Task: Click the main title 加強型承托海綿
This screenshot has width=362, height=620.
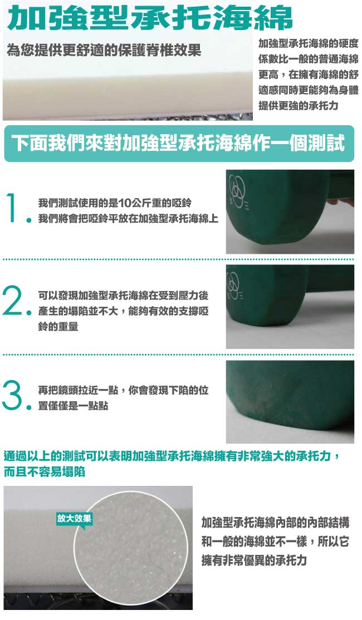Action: tap(150, 18)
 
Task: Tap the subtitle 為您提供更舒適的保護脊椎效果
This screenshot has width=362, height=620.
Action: tap(104, 50)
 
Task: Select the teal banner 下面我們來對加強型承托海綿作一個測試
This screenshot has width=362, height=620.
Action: tap(179, 144)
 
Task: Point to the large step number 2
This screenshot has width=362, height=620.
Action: tap(13, 301)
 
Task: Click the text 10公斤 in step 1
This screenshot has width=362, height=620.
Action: tap(133, 203)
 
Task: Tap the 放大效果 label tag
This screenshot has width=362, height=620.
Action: tap(75, 518)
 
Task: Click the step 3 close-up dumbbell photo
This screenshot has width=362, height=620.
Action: tap(290, 402)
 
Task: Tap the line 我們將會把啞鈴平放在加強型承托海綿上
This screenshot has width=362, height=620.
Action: tap(128, 218)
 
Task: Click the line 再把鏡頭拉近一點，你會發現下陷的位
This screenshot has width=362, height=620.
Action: tap(123, 390)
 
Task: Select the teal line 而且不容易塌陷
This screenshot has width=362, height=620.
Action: tap(45, 472)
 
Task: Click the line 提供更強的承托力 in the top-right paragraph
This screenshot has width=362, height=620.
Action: tap(299, 106)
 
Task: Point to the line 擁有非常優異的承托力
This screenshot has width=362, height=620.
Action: tap(254, 560)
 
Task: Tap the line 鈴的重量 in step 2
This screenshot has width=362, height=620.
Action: tap(58, 327)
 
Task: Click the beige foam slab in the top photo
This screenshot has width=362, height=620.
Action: tap(128, 97)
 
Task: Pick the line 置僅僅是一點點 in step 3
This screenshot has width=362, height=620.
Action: tap(73, 406)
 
